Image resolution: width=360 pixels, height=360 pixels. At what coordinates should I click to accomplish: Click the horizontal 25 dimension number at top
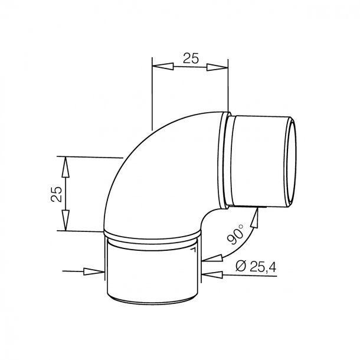(191, 58)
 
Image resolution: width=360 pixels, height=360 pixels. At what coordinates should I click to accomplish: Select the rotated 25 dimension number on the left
(57, 194)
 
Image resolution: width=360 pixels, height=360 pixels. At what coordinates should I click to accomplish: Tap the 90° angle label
(235, 234)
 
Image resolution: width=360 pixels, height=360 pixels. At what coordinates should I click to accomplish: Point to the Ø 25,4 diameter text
(256, 267)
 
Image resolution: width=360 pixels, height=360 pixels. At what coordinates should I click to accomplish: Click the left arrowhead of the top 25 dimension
(163, 66)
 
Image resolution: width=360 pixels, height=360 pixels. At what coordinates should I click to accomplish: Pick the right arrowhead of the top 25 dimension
(217, 67)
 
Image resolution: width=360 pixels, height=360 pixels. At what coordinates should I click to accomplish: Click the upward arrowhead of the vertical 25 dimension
(66, 167)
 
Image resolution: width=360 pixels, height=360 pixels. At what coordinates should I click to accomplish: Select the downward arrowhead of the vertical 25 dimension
(66, 220)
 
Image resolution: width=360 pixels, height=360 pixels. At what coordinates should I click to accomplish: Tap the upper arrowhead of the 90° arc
(255, 217)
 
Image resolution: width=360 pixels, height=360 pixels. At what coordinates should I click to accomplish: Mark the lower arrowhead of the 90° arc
(212, 258)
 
